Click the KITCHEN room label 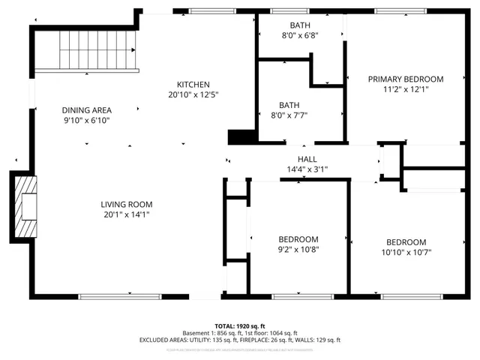(x=193, y=85)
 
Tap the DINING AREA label (x=86, y=110)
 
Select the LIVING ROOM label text (x=127, y=204)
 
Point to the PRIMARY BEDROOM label (x=405, y=79)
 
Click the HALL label (x=307, y=159)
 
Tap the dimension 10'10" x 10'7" (x=406, y=252)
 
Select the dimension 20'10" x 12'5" (x=193, y=94)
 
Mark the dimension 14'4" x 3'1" (x=307, y=169)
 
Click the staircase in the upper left (x=88, y=51)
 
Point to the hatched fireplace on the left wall (x=27, y=205)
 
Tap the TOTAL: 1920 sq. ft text (x=240, y=326)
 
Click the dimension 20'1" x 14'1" (x=127, y=214)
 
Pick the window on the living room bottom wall (x=130, y=297)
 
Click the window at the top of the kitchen (x=212, y=11)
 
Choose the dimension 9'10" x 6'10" (x=86, y=120)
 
